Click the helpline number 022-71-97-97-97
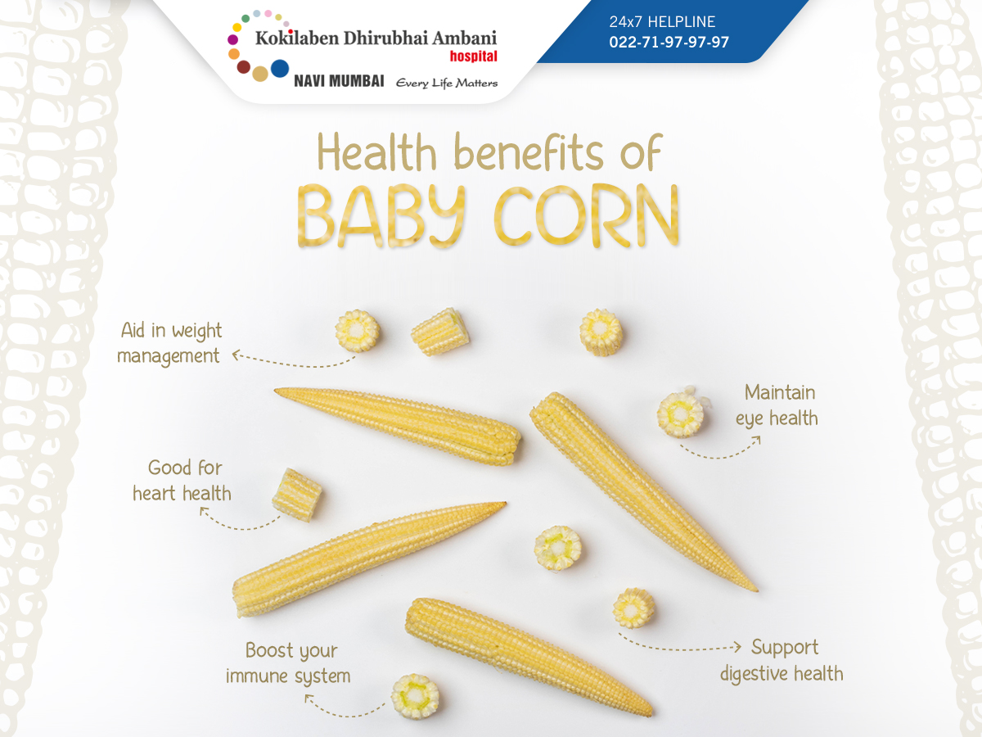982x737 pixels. pos(669,42)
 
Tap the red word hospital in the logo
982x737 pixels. pos(473,57)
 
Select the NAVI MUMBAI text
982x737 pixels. pos(339,81)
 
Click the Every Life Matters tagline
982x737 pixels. pos(447,84)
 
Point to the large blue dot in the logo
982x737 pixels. pos(280,69)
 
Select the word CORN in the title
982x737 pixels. pos(587,215)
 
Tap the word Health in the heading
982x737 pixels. pos(376,152)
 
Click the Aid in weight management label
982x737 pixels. pos(169,344)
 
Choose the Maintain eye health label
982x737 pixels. pos(777,406)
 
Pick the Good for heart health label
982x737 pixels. pos(182,481)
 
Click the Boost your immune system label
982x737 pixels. pos(288,663)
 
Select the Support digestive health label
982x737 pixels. pos(782,661)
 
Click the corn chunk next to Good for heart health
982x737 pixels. pos(296,495)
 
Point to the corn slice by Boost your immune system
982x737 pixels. pos(415,696)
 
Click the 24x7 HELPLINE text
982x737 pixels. pos(662,21)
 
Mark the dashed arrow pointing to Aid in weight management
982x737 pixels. pos(293,363)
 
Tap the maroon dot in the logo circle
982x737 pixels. pos(243,67)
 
